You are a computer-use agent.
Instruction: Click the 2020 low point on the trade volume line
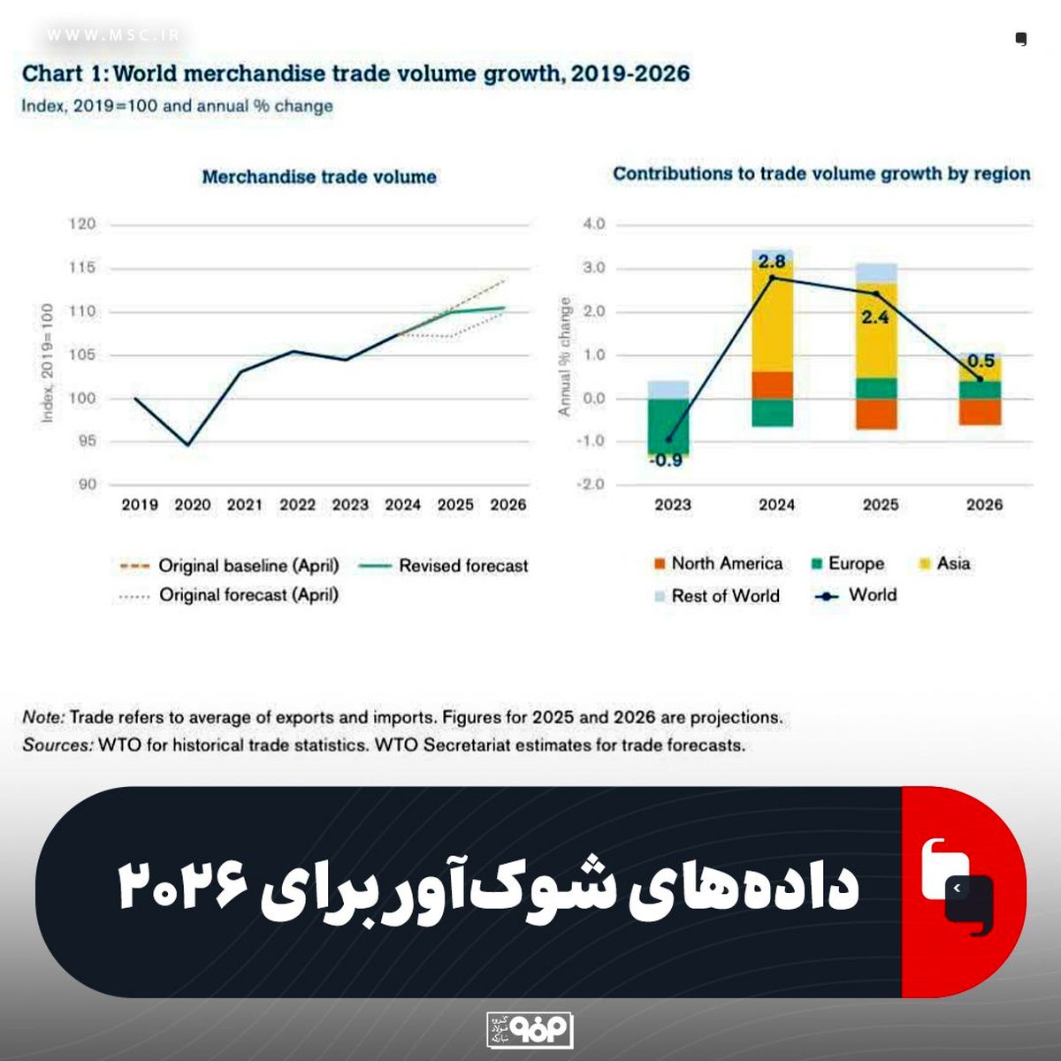pos(187,445)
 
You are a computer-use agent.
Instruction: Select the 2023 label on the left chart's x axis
pos(350,505)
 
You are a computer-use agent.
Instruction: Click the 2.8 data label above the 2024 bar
pos(772,262)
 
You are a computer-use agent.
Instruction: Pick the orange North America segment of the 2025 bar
pos(875,414)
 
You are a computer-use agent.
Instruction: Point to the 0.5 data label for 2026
pos(981,361)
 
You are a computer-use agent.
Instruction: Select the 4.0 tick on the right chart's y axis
pos(594,225)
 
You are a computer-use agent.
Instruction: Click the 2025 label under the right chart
pos(880,505)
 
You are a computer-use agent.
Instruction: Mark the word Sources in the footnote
pos(57,745)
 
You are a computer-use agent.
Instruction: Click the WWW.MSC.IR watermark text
pos(113,35)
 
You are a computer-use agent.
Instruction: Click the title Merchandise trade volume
pos(319,177)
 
